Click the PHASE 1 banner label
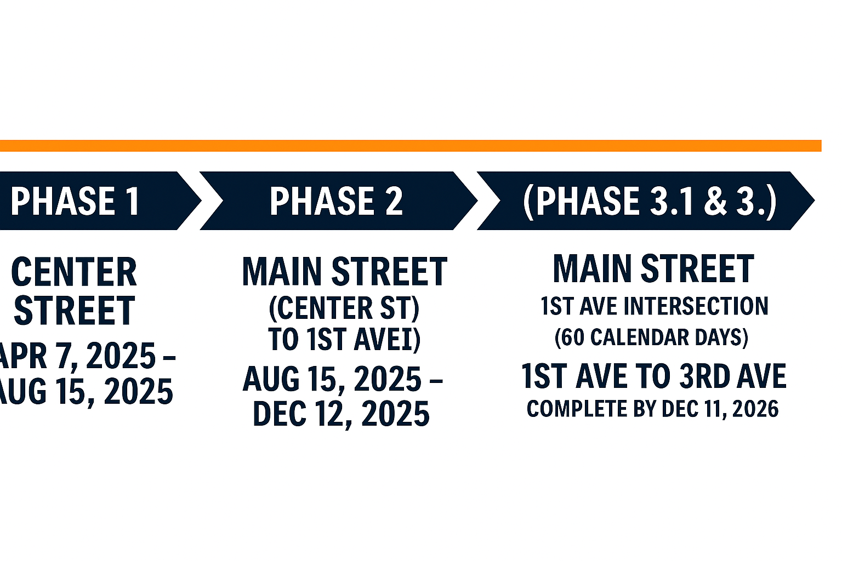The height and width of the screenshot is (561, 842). click(x=75, y=201)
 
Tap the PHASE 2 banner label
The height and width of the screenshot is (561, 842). click(x=337, y=201)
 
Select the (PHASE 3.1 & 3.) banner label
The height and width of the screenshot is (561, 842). click(x=650, y=202)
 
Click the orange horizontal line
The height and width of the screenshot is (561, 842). click(x=411, y=146)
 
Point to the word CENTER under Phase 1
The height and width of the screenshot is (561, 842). click(x=74, y=272)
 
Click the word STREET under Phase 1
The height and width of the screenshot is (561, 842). click(x=75, y=311)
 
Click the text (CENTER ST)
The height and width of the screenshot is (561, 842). click(x=344, y=308)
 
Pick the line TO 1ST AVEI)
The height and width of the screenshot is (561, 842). click(x=344, y=339)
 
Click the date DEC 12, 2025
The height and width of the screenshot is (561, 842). click(x=342, y=413)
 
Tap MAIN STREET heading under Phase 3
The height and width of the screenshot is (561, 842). click(x=653, y=268)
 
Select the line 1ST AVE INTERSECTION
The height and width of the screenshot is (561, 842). click(x=655, y=306)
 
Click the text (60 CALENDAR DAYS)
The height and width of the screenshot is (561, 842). click(x=651, y=337)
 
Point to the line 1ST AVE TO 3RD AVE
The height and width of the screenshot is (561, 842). click(x=653, y=376)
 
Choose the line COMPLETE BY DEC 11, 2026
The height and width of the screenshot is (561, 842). click(x=652, y=409)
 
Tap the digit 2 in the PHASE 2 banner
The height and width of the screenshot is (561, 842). click(x=394, y=201)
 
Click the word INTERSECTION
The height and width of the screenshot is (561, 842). click(x=696, y=306)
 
